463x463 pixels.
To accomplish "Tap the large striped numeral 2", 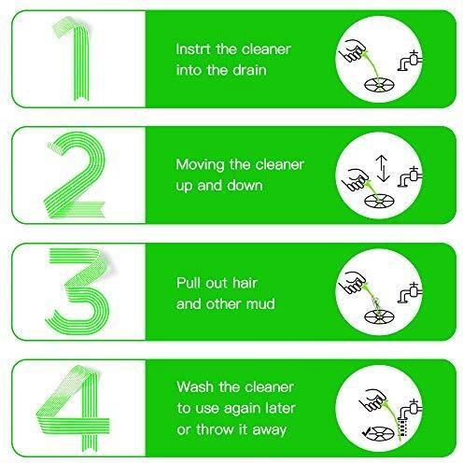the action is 77,175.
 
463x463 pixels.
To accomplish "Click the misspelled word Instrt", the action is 193,49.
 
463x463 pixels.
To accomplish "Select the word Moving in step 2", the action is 200,165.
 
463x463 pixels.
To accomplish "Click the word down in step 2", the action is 245,186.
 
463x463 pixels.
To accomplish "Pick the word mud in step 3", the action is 260,304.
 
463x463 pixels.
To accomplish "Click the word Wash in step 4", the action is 196,387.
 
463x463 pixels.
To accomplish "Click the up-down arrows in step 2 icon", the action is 383,168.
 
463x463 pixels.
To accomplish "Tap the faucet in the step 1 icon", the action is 410,61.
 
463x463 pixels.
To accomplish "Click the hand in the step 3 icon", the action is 353,282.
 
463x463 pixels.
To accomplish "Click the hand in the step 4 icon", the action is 372,400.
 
